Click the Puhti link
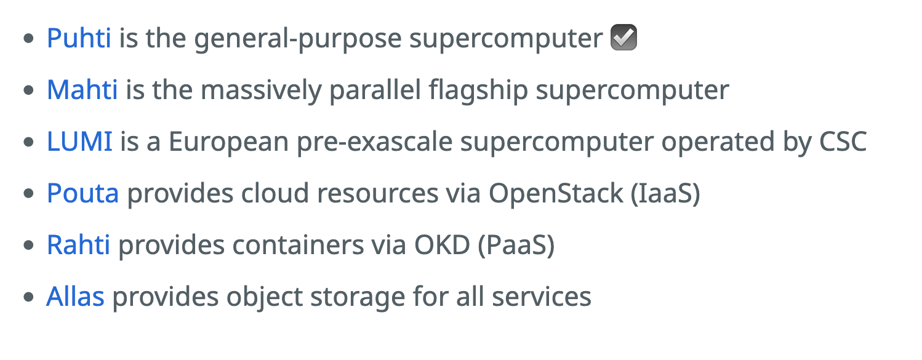(x=79, y=39)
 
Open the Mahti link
(x=82, y=90)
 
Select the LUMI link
(x=79, y=142)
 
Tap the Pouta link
(x=82, y=194)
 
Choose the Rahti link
(x=78, y=246)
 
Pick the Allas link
(x=75, y=297)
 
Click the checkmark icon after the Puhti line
(x=623, y=39)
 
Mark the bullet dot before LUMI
(x=28, y=143)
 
